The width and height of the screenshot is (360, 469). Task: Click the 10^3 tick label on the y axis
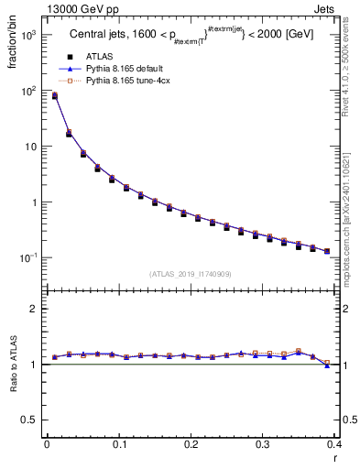click(x=29, y=35)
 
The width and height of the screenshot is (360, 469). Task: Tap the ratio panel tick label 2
click(x=34, y=309)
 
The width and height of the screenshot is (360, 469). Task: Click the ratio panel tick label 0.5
click(x=30, y=420)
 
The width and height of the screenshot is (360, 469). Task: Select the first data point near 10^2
click(x=54, y=95)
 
